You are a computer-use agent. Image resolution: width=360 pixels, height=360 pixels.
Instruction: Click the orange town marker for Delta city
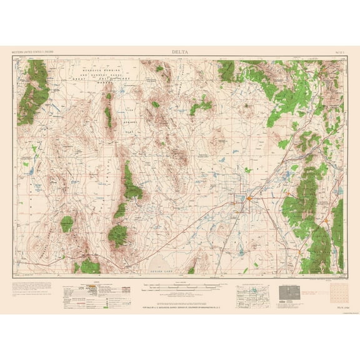(249, 199)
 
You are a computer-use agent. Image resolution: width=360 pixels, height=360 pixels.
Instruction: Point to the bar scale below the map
(181, 286)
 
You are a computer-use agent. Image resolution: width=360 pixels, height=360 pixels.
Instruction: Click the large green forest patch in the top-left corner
(34, 91)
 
